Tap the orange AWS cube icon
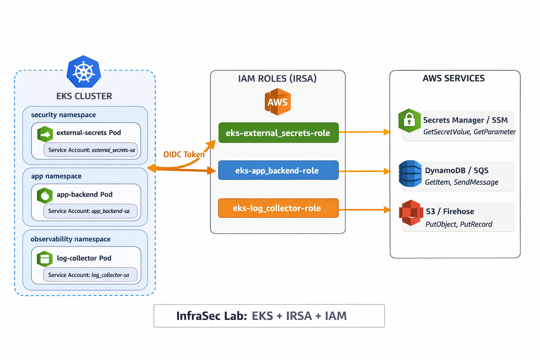click(x=278, y=102)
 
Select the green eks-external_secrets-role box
click(x=278, y=133)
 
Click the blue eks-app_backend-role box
click(x=278, y=171)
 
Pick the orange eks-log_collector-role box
click(x=278, y=208)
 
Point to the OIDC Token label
click(x=184, y=154)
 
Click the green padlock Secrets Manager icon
click(x=409, y=121)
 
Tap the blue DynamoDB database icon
click(x=410, y=174)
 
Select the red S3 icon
click(x=411, y=213)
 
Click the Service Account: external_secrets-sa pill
click(x=91, y=150)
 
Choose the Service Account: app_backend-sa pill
click(x=90, y=211)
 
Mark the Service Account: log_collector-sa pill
click(x=90, y=275)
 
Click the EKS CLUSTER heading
click(x=84, y=96)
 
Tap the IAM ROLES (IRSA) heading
click(x=277, y=78)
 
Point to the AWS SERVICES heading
click(x=454, y=78)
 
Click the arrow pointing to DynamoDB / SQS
click(x=365, y=171)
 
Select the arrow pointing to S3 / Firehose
click(x=365, y=210)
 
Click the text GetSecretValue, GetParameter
click(x=469, y=132)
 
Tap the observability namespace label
click(x=70, y=239)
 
